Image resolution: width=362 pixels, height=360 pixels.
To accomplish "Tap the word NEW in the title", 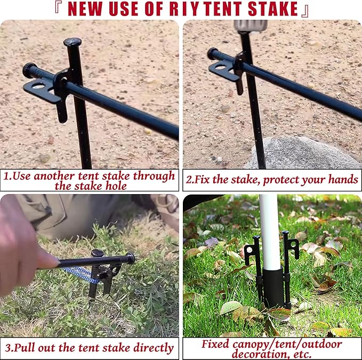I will pos(90,9).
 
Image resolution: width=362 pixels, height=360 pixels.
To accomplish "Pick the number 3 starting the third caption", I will pos(7,348).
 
